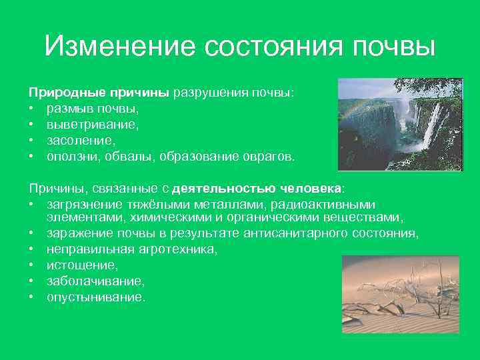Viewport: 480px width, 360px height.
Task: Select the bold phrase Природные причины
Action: click(99, 93)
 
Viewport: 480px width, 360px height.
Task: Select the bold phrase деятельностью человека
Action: click(260, 189)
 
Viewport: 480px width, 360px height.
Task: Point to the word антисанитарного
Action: click(289, 233)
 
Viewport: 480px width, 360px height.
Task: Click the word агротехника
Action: click(180, 249)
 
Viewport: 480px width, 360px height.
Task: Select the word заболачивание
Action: click(86, 281)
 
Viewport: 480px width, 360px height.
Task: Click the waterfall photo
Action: click(400, 125)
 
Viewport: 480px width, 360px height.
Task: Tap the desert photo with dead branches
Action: click(400, 294)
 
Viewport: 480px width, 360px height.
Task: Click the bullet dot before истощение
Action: click(31, 265)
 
